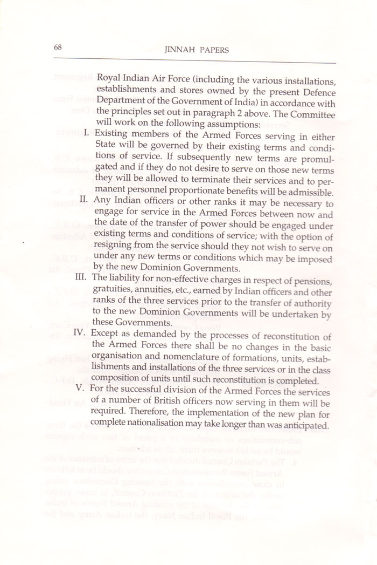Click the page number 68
pos(58,47)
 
